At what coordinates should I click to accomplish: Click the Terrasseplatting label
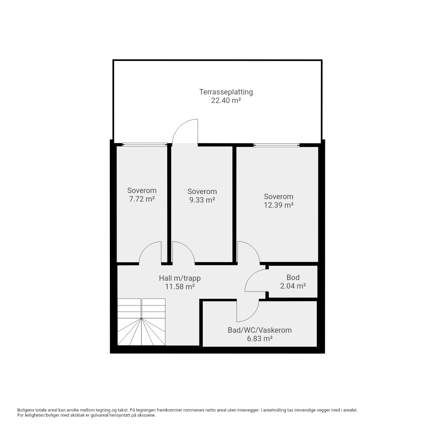(226, 92)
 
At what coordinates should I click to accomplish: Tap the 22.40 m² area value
(226, 101)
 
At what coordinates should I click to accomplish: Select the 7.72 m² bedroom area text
(142, 199)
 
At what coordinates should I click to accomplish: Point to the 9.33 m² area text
(202, 200)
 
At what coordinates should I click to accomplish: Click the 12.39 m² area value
(279, 205)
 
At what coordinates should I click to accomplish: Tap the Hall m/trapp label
(180, 278)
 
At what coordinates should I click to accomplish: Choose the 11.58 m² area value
(180, 287)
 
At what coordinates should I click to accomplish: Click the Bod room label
(293, 277)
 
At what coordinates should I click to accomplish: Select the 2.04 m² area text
(293, 286)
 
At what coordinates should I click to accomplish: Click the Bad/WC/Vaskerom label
(260, 330)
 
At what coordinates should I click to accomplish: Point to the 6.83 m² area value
(260, 339)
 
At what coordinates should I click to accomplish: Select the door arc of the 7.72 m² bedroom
(145, 248)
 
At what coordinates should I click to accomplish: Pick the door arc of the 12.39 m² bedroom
(254, 247)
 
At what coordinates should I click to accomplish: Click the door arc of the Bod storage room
(251, 276)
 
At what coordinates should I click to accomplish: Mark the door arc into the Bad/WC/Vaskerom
(253, 316)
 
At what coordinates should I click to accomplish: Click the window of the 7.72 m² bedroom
(145, 144)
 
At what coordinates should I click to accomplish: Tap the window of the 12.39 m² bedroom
(276, 145)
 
